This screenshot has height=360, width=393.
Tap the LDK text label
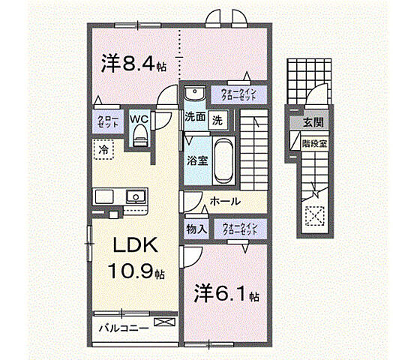coord(134,246)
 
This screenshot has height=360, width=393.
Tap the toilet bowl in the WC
coord(139,136)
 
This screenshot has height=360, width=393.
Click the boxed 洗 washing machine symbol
coord(216,118)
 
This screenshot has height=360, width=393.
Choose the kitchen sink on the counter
coord(136,197)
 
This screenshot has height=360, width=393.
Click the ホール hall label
coord(225,201)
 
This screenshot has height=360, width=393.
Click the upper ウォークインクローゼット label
coord(239,95)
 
